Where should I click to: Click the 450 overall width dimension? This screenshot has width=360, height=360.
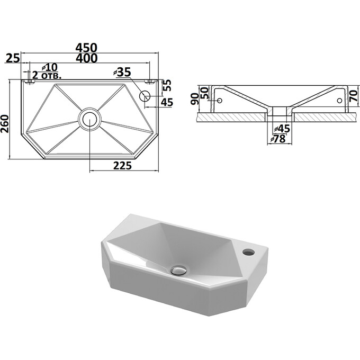(86, 48)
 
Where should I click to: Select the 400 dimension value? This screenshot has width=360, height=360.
(86, 58)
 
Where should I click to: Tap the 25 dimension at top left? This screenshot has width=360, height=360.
(13, 58)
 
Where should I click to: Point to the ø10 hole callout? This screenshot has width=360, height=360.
(50, 67)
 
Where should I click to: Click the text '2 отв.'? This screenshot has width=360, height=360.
(47, 75)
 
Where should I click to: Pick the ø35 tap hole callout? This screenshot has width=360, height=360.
(122, 72)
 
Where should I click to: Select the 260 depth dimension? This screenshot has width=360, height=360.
(5, 124)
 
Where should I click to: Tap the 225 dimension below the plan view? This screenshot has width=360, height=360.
(122, 166)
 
